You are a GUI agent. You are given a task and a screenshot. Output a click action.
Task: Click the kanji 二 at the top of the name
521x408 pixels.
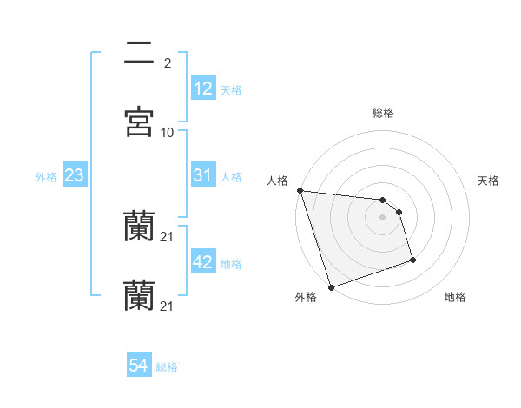(x=140, y=53)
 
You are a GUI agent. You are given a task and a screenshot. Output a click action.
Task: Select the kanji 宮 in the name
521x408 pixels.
(x=140, y=122)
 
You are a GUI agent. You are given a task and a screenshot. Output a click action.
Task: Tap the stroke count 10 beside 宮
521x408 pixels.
(x=168, y=132)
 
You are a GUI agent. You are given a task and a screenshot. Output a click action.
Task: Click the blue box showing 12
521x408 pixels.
(x=202, y=89)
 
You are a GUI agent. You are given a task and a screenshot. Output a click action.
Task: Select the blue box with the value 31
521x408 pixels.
(x=202, y=175)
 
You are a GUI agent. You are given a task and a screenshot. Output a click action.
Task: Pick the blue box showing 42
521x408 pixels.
(x=202, y=262)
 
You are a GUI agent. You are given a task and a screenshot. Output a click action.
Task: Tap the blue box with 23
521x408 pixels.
(x=74, y=175)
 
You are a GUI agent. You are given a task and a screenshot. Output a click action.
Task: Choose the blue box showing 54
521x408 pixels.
(x=138, y=365)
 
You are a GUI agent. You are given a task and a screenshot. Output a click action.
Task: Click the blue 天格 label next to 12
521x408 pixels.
(x=231, y=90)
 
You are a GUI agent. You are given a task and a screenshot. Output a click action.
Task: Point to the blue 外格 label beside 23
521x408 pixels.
(x=46, y=177)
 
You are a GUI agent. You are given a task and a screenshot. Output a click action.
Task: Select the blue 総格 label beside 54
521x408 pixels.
(x=167, y=367)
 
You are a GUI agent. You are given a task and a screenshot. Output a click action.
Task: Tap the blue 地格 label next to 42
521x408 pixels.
(x=231, y=264)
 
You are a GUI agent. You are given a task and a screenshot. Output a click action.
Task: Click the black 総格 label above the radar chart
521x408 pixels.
(x=383, y=113)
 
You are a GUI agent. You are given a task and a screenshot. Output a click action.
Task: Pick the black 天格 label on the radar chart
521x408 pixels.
(x=488, y=181)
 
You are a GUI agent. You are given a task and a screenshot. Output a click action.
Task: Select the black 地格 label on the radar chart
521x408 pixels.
(x=455, y=297)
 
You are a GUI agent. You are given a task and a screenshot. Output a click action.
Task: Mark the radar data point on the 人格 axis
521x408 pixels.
(x=300, y=190)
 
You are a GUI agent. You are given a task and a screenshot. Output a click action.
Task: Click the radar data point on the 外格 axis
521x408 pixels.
(x=331, y=286)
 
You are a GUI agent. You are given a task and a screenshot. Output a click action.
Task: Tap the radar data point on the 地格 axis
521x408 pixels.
(x=412, y=260)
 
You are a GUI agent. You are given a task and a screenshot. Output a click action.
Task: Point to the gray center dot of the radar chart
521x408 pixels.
(x=383, y=217)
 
